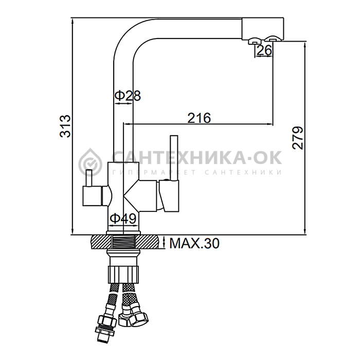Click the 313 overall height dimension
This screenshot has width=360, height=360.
tap(65, 126)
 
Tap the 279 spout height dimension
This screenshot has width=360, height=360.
tap(298, 138)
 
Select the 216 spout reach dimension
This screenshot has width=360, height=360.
tap(199, 118)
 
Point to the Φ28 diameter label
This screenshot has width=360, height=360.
tap(128, 96)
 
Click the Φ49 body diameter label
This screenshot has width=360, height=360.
tap(123, 219)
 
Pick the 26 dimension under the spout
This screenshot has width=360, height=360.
tap(264, 50)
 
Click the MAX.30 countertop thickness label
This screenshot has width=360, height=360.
tap(194, 243)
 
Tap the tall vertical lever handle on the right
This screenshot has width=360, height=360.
tap(174, 158)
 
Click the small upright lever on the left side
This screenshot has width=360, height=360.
tap(88, 178)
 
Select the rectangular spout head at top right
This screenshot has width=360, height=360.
tap(263, 29)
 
